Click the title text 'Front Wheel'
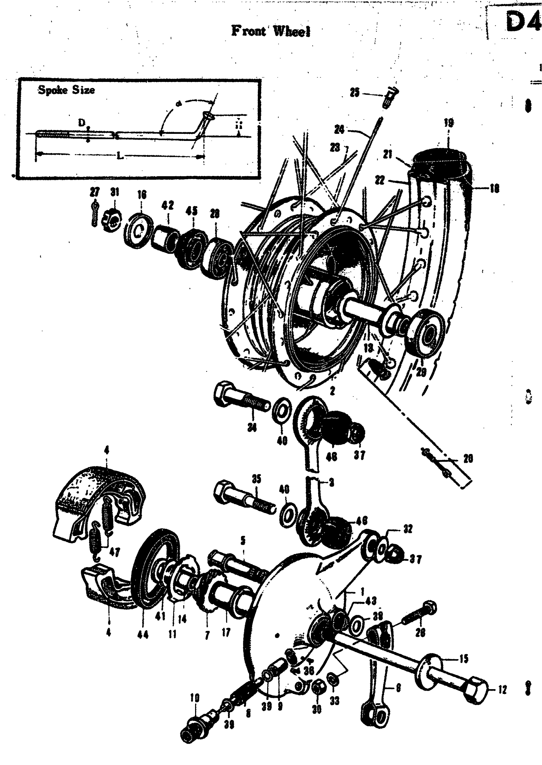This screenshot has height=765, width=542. tap(271, 31)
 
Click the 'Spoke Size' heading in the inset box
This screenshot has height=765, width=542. tap(66, 90)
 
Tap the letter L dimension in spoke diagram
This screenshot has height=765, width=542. tap(120, 156)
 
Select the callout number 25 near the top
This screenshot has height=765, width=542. tap(355, 92)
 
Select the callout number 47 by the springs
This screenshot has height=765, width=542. tap(114, 552)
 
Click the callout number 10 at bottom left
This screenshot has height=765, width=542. tap(194, 698)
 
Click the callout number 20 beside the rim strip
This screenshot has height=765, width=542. tap(468, 459)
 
